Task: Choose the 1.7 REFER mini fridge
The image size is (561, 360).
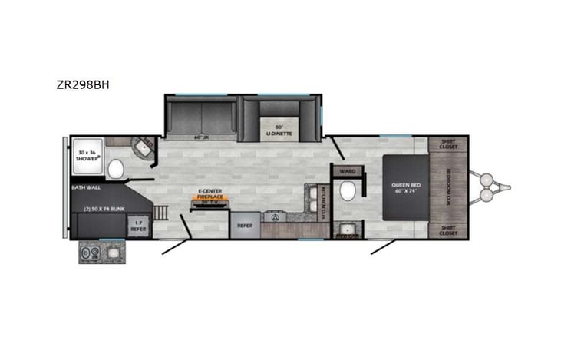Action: (x=137, y=226)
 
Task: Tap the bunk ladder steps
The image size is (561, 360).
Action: (x=160, y=212)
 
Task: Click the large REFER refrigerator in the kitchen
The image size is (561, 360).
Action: (x=244, y=226)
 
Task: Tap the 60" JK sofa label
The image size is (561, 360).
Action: (x=201, y=137)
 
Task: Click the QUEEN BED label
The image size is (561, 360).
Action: (x=404, y=187)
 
